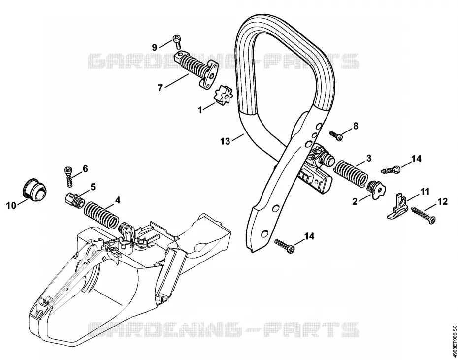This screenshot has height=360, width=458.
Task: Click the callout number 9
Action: (x=155, y=47)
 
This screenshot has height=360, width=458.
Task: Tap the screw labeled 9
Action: (x=177, y=41)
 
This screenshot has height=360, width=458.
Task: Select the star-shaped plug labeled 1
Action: (x=223, y=95)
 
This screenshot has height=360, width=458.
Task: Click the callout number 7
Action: (x=160, y=88)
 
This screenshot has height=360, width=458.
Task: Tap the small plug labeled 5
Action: (x=74, y=200)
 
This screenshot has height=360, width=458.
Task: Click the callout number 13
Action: (x=225, y=141)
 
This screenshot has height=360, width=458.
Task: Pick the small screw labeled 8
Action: (x=336, y=135)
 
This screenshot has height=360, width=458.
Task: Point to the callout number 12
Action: (x=443, y=202)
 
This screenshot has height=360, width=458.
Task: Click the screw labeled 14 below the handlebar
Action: (x=285, y=245)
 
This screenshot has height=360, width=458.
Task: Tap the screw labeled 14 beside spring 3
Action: (x=391, y=169)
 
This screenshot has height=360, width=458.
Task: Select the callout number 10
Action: (x=11, y=206)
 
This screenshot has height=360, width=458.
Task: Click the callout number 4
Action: (x=118, y=200)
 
